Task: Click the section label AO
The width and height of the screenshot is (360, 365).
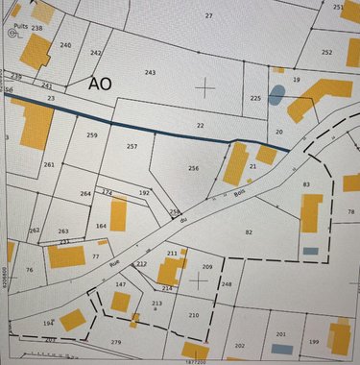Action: coord(100,84)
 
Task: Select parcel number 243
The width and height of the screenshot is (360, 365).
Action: coord(150,73)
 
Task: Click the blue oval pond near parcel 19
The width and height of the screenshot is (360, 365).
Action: coord(276,95)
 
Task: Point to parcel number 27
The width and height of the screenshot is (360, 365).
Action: coord(209,16)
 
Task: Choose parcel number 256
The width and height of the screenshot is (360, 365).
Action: coord(193,169)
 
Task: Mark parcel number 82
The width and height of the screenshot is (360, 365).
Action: coord(249,232)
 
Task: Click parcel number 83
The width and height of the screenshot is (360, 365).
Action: coord(306,184)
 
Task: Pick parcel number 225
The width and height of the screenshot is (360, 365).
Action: coord(255,98)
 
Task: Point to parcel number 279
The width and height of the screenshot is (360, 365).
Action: coord(116,342)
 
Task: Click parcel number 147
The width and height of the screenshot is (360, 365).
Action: coord(121,285)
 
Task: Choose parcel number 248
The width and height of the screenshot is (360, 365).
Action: coord(227,284)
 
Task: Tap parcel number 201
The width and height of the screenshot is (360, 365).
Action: coord(281,334)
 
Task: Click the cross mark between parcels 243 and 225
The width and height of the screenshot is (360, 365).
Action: coord(205,87)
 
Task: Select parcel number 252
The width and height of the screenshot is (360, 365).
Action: coord(327,52)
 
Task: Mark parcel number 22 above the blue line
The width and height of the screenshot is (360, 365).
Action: coord(200,126)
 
